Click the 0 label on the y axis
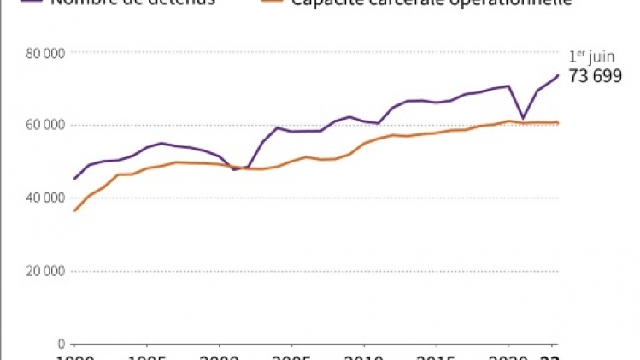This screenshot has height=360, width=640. (62, 344)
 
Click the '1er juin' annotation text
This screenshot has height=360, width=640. (590, 57)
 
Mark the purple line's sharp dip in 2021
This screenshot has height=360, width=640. (523, 118)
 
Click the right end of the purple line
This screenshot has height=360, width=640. (559, 75)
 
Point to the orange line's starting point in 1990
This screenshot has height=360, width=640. (74, 210)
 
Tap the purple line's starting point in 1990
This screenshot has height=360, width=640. (74, 179)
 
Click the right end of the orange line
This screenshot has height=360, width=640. (559, 123)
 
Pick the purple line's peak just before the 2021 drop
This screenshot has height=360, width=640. (509, 86)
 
